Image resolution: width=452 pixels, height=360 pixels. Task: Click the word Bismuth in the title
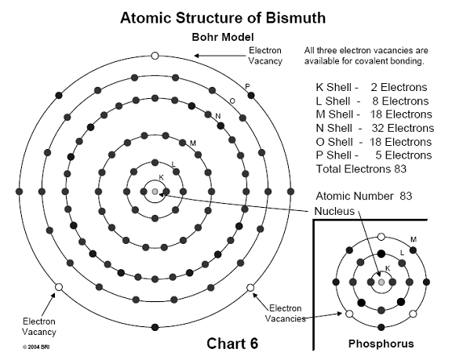coord(296,18)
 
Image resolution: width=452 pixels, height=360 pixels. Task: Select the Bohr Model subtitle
coord(223,37)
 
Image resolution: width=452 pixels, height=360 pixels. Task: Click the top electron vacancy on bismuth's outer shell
coord(155,56)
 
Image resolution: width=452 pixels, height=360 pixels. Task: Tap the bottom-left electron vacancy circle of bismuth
coord(59,287)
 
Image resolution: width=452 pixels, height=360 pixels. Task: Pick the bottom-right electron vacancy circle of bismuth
coord(250,287)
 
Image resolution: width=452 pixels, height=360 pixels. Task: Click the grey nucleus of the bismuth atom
coord(155,191)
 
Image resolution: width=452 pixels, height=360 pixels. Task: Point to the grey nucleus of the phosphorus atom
coord(381,282)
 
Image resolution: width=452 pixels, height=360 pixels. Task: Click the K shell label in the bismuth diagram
coord(161,177)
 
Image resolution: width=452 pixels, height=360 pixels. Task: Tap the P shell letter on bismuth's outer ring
coord(247,86)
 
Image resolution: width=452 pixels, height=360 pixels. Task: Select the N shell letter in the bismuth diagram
coord(218,116)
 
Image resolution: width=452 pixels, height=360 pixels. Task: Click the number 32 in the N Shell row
coord(377,128)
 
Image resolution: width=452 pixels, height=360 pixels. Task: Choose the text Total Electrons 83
coord(361,169)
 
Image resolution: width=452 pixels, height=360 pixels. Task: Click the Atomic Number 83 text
coord(364,196)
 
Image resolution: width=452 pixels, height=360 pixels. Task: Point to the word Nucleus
coord(334,211)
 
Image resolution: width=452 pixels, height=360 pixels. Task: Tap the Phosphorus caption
coord(381,344)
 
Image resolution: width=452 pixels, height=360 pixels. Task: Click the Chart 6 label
coord(232,344)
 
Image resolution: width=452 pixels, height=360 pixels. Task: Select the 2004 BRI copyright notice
coord(36,347)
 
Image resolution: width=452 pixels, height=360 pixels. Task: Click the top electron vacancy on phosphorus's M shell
coord(381,237)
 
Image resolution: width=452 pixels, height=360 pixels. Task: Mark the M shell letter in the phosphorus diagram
coord(414,240)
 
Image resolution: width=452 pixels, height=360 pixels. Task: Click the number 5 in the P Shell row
coord(379,155)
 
